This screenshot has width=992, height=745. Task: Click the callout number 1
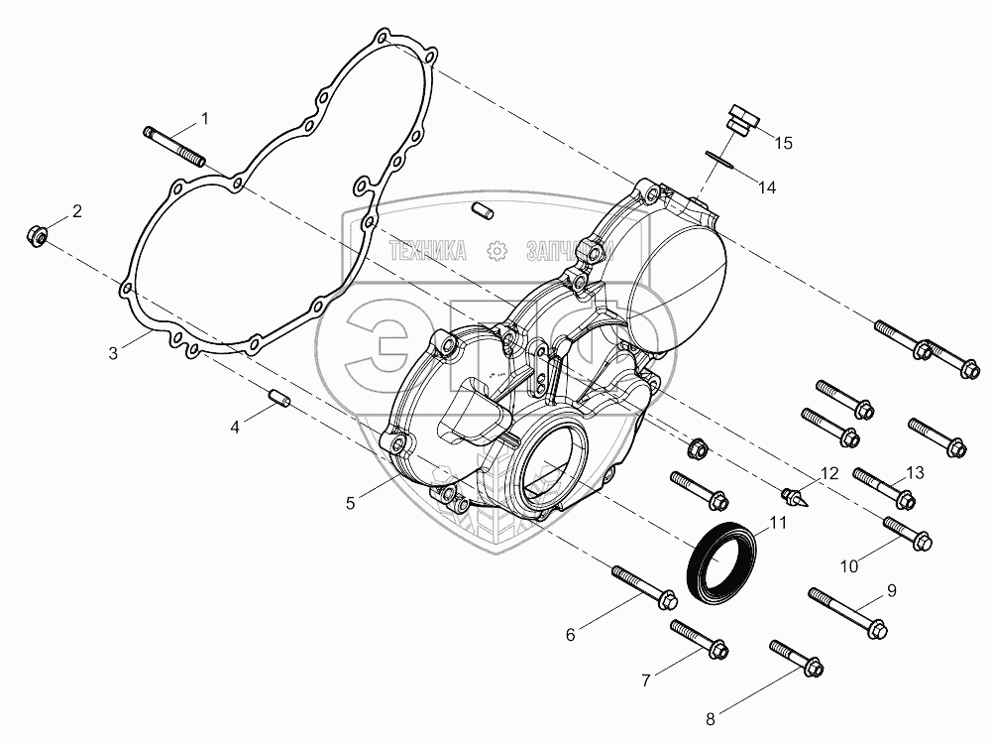click(205, 119)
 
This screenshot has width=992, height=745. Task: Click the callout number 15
click(783, 143)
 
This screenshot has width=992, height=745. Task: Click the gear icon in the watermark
click(496, 252)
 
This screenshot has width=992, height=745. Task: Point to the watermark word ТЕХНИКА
click(428, 252)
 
